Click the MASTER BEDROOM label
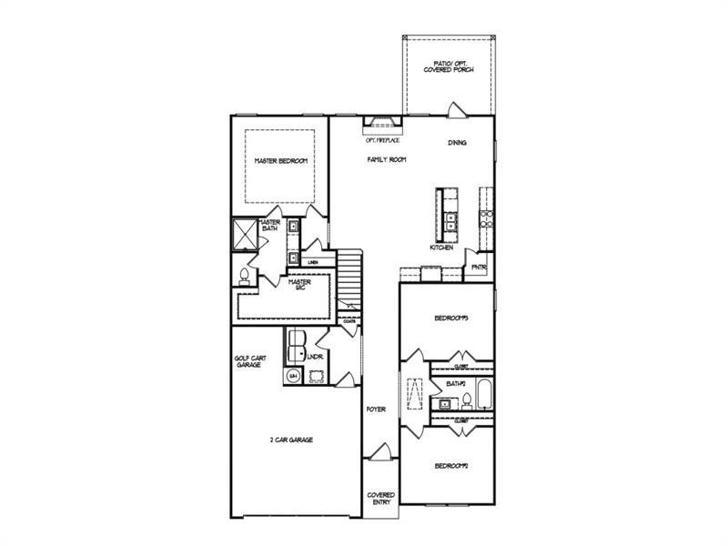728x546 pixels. [x=280, y=161]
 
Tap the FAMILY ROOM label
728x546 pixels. [x=387, y=159]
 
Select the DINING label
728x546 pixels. [x=458, y=143]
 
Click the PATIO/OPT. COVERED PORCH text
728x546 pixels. [x=449, y=66]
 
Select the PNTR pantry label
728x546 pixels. [x=479, y=268]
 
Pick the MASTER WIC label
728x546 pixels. [x=299, y=285]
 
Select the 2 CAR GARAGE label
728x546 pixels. [x=291, y=440]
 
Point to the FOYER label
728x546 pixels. [x=376, y=409]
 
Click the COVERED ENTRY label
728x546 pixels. [x=380, y=499]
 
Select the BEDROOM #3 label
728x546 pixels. [x=450, y=318]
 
